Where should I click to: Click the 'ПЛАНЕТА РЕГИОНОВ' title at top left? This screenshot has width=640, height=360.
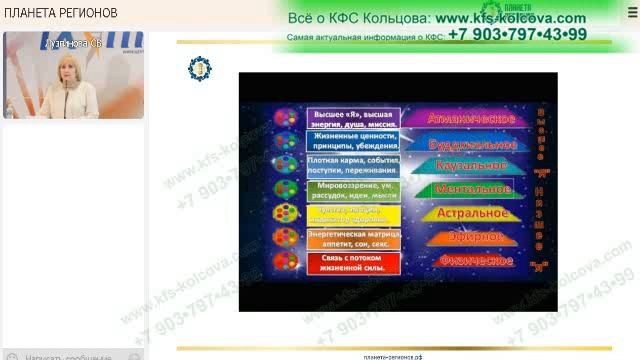click(x=61, y=13)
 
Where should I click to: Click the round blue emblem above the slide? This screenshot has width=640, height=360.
click(x=200, y=68)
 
